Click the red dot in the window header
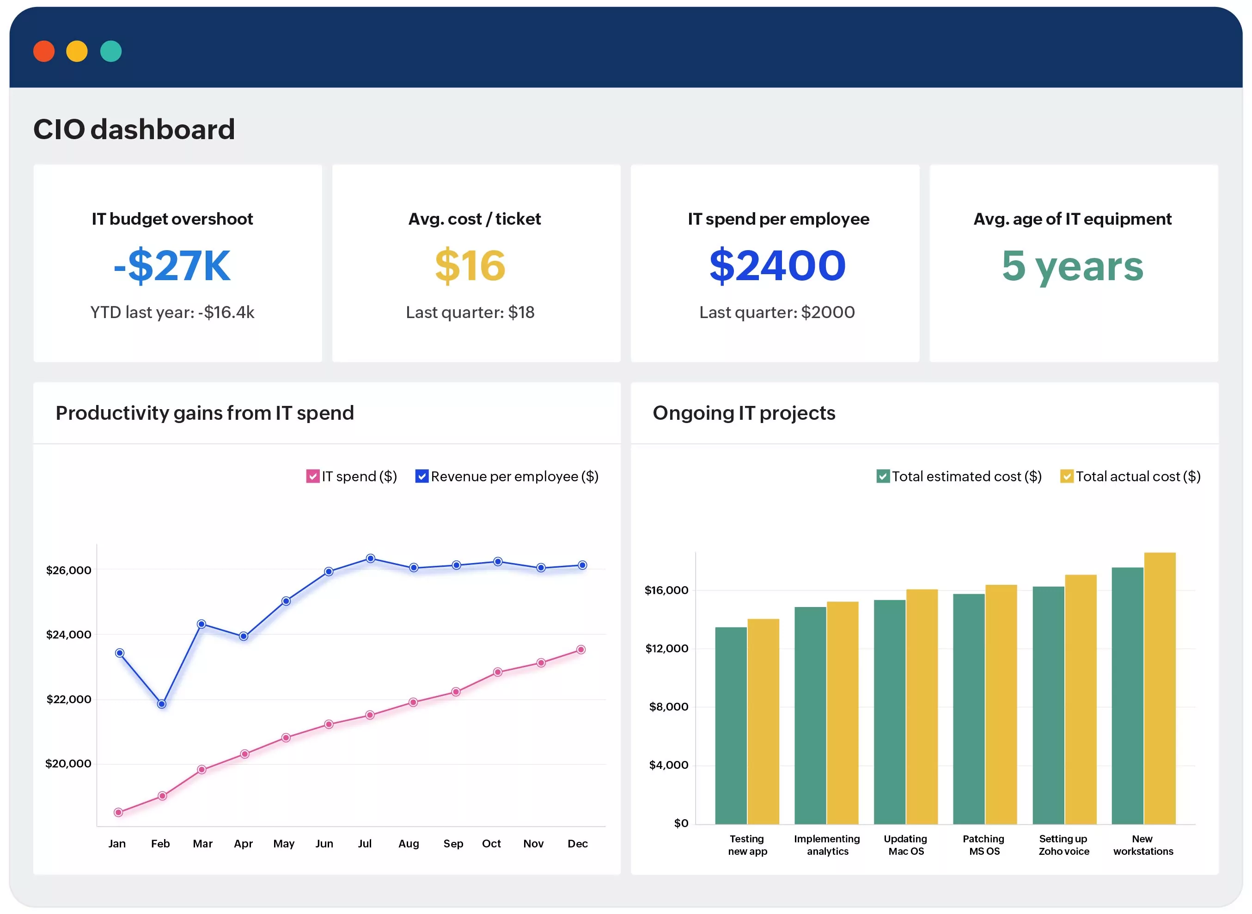[x=44, y=51]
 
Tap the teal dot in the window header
[x=110, y=51]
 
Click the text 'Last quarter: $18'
[x=470, y=313]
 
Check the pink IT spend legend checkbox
[x=312, y=476]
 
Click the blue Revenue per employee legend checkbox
[x=421, y=476]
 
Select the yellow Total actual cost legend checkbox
[x=1066, y=476]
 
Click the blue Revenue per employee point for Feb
[x=161, y=704]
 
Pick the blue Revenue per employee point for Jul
[x=371, y=559]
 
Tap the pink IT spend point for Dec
[x=580, y=650]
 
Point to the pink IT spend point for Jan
[x=118, y=813]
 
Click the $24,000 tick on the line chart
[x=68, y=635]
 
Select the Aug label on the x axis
[x=409, y=844]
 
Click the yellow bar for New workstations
[x=1160, y=689]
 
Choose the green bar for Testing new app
[x=731, y=726]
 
